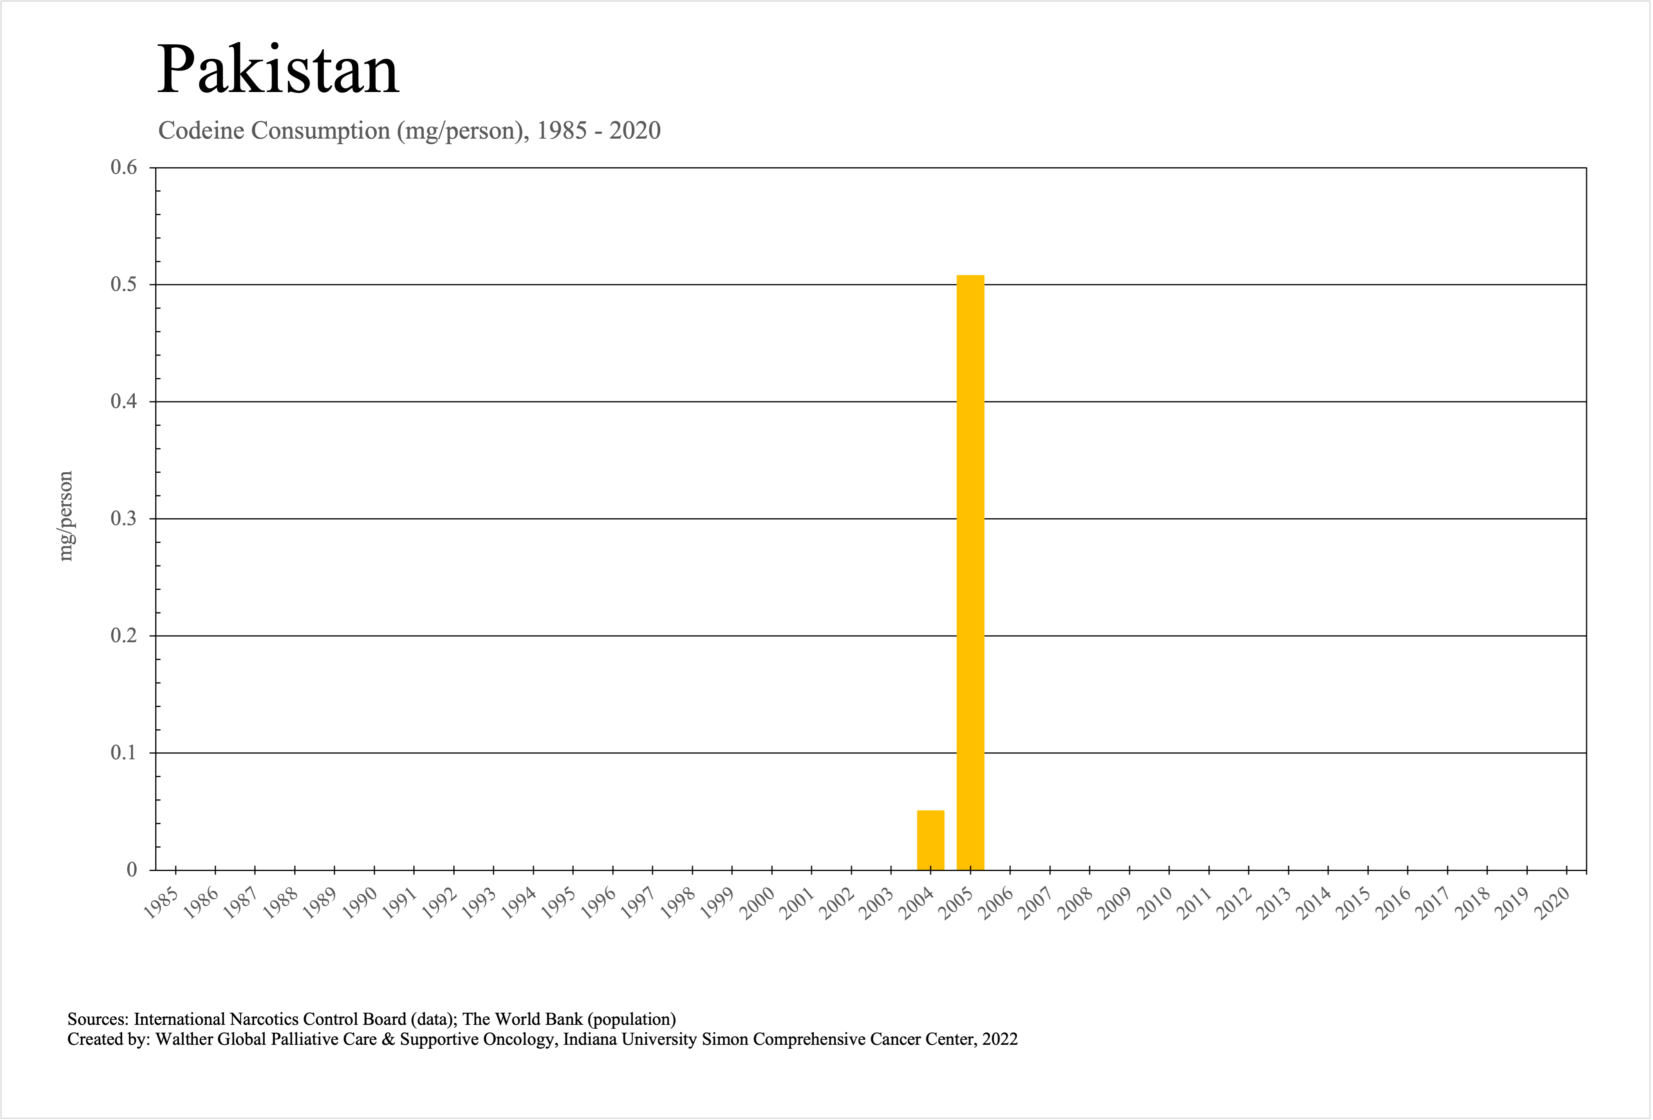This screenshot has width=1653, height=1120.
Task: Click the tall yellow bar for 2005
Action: point(970,573)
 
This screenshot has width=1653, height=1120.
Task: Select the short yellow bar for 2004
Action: point(930,840)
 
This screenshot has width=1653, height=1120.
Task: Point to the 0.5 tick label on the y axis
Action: point(124,284)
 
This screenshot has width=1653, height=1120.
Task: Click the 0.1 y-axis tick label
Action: point(124,752)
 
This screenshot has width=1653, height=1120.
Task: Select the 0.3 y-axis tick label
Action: point(124,518)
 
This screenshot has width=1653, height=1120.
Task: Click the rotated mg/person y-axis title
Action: point(65,516)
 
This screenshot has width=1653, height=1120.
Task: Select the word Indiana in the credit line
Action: point(591,1040)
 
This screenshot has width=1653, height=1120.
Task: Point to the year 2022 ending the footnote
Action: point(1000,1040)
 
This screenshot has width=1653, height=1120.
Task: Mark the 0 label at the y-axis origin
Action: point(132,870)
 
